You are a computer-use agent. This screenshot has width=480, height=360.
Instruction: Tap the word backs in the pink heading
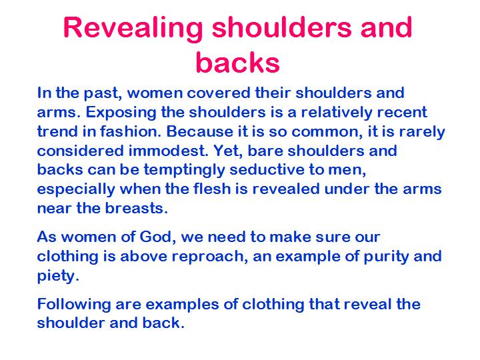coord(238,63)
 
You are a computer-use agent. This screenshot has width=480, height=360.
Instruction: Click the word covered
coord(219,93)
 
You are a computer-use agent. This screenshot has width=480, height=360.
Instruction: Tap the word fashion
coord(131,131)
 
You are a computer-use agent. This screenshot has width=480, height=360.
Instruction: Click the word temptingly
coord(184,171)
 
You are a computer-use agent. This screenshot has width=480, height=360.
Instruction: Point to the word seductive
coord(267,169)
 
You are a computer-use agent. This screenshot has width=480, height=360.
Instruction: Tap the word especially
coord(76,190)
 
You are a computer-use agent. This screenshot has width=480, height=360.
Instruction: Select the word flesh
coord(212,189)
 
